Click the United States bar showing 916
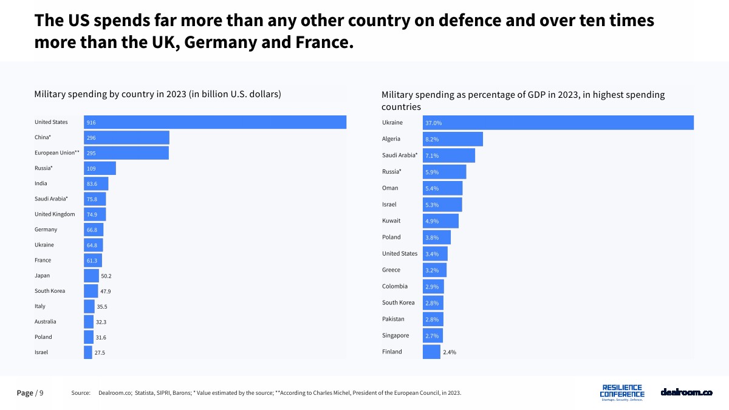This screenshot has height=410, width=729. [215, 122]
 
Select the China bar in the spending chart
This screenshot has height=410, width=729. [126, 137]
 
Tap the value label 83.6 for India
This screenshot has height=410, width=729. [92, 183]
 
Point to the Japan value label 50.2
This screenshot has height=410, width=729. [106, 276]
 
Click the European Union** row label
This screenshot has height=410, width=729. [57, 152]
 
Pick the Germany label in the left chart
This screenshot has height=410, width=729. [46, 230]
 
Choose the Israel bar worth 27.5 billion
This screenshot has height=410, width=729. [88, 352]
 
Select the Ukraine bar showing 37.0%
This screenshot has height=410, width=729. [558, 123]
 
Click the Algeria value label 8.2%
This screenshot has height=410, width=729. [432, 139]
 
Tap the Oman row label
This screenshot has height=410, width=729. [390, 188]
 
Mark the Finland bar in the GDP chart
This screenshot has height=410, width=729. [431, 352]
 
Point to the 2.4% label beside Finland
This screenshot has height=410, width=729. [450, 352]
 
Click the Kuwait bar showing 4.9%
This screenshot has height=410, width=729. [440, 221]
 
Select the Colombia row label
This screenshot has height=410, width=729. [395, 286]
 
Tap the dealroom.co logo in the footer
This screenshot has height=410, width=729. [686, 392]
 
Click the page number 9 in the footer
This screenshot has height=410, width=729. [41, 393]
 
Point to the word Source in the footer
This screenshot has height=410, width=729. [81, 393]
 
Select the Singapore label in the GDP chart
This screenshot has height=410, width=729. [395, 335]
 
